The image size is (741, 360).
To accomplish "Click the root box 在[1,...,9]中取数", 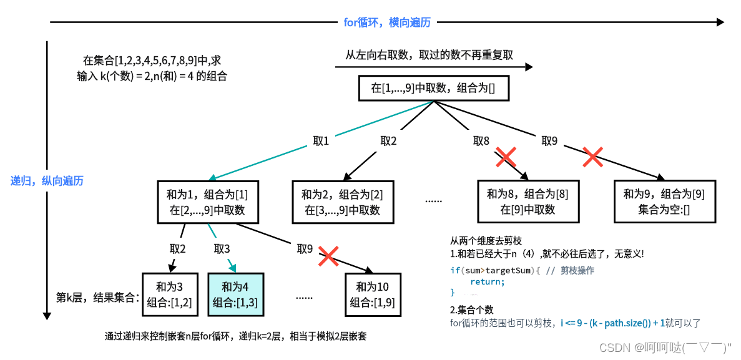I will coord(433,88).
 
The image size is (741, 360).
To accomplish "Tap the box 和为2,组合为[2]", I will coord(343,202).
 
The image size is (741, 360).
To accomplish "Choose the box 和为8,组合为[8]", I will coord(528,202).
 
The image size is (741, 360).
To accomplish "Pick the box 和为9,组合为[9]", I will coord(664,202).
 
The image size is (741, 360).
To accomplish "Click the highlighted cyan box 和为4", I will coord(235,294).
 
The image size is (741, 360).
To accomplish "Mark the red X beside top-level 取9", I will coord(592,157).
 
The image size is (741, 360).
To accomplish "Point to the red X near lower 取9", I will coord(329,256).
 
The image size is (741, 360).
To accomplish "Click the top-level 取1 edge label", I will coord(321,141).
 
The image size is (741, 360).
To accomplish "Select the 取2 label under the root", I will coord(389,141).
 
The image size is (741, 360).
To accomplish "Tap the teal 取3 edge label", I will coord(222,249).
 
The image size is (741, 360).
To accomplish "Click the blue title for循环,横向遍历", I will coord(387,22).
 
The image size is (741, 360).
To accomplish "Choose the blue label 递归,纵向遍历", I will coord(47,181).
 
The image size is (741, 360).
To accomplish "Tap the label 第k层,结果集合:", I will coord(97,298).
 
